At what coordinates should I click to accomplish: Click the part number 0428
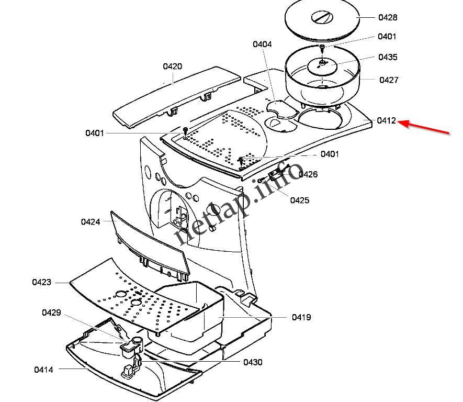(388, 17)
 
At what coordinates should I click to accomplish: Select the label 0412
(387, 121)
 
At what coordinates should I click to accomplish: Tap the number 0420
(172, 66)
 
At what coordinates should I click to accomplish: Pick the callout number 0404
(262, 44)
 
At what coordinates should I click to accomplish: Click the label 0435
(388, 57)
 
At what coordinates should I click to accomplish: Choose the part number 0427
(389, 80)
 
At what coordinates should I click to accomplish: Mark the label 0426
(308, 174)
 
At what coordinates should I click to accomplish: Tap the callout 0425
(299, 200)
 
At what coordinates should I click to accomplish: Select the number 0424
(91, 221)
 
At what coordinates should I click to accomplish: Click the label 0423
(42, 282)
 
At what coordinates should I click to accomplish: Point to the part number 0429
(51, 313)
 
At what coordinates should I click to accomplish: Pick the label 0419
(301, 317)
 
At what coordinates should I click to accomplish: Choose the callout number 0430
(253, 362)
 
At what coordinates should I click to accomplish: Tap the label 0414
(44, 370)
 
